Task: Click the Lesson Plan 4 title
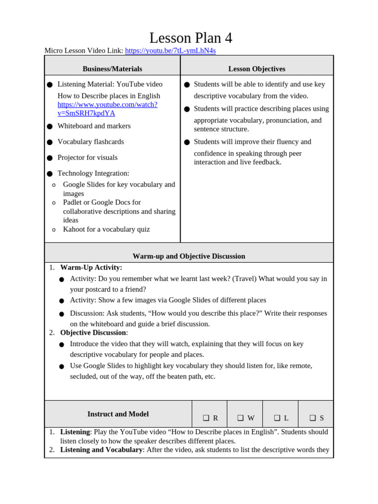(190, 38)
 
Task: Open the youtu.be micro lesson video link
(170, 51)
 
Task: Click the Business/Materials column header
(112, 69)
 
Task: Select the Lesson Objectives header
(256, 69)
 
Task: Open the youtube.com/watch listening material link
(107, 109)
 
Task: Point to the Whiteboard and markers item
(94, 126)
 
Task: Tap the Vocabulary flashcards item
(91, 142)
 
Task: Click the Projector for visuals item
(88, 157)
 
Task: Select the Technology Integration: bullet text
(93, 173)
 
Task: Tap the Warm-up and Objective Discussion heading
(189, 256)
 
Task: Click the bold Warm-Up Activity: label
(91, 267)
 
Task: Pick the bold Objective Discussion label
(93, 333)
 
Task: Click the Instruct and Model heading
(118, 414)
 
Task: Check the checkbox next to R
(206, 418)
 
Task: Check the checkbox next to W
(241, 418)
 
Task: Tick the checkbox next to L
(277, 418)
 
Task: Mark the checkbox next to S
(313, 418)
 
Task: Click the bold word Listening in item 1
(75, 432)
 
